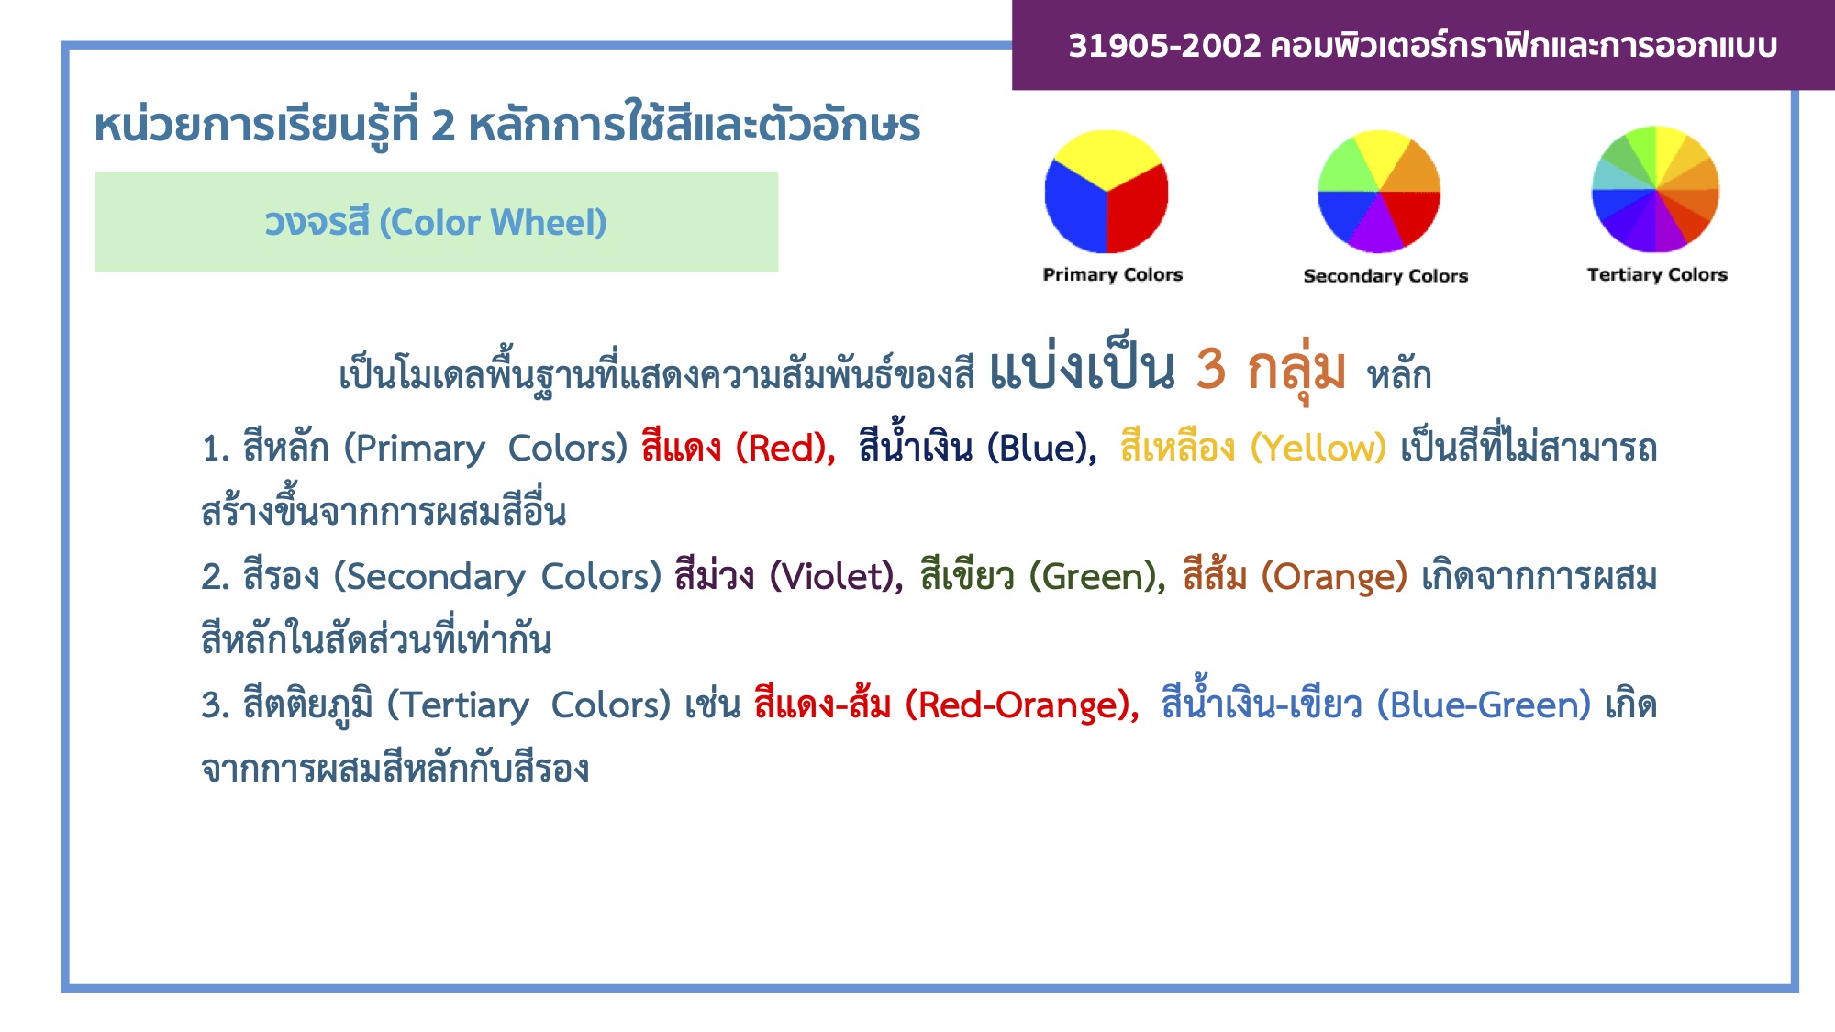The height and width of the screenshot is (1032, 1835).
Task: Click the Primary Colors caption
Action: pos(1112,275)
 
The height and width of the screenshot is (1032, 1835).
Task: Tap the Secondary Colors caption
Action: pos(1385,276)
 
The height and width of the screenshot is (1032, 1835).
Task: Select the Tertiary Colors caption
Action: pos(1657,275)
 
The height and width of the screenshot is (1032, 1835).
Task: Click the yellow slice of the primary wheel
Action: pos(1107,158)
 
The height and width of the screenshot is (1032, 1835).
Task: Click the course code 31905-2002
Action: pos(1164,45)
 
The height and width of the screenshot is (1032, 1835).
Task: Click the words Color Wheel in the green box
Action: pos(502,223)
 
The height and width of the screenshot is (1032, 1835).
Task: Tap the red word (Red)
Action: pos(785,449)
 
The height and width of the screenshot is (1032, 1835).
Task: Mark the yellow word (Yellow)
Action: pos(1318,449)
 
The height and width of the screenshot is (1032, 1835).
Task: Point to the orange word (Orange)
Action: pos(1334,577)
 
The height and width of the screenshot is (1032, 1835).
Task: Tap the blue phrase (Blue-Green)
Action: pos(1484,705)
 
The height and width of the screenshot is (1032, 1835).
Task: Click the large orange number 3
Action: pos(1211,369)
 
